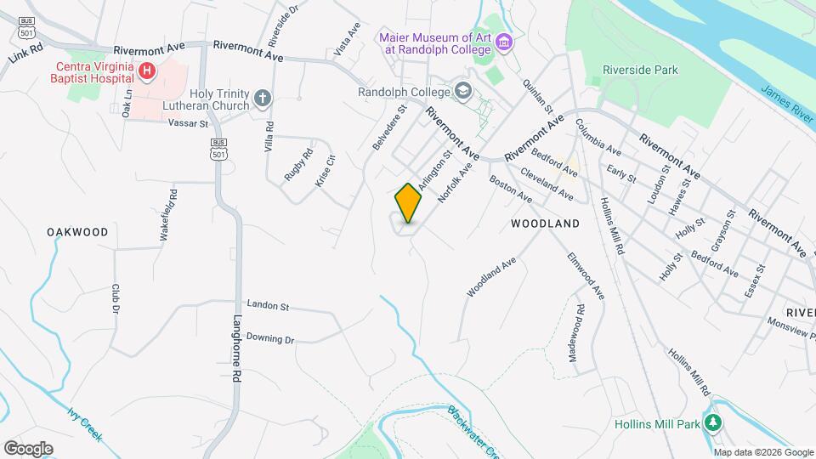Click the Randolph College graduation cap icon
[462, 91]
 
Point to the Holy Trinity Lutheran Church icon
[263, 99]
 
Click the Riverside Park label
[640, 70]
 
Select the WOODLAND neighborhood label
[545, 224]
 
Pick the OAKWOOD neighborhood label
[77, 232]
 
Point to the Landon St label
[268, 305]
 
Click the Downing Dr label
[270, 339]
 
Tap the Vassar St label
[188, 123]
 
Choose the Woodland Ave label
[491, 278]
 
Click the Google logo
[28, 448]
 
